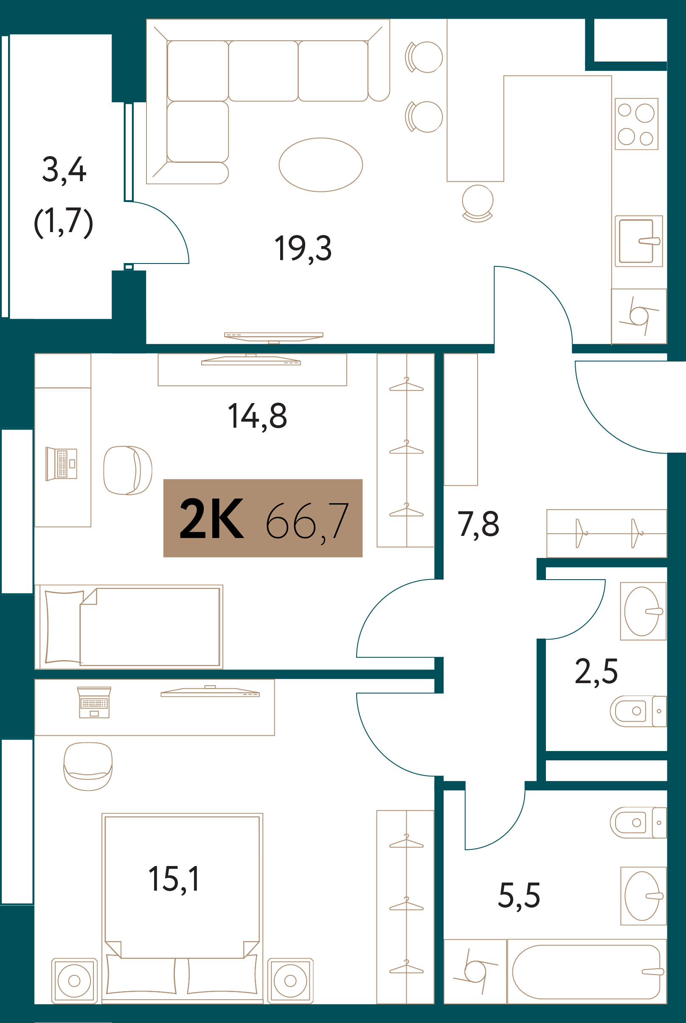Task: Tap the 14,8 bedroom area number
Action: pyautogui.click(x=257, y=416)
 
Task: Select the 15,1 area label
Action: pyautogui.click(x=174, y=879)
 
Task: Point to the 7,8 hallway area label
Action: pyautogui.click(x=478, y=524)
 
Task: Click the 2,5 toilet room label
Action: pyautogui.click(x=596, y=672)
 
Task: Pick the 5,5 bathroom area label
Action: pyautogui.click(x=519, y=896)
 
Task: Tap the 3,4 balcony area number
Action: pyautogui.click(x=65, y=170)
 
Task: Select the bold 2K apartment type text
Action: pyautogui.click(x=212, y=519)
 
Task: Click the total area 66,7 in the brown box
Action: pyautogui.click(x=307, y=521)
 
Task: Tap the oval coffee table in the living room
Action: pyautogui.click(x=321, y=165)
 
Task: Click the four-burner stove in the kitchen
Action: pyautogui.click(x=636, y=124)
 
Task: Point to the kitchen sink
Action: pyautogui.click(x=639, y=241)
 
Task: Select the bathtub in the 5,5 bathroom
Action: pyautogui.click(x=587, y=972)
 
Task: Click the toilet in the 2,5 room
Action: pyautogui.click(x=638, y=711)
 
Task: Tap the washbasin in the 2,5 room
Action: pyautogui.click(x=643, y=611)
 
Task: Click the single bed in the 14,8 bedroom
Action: pyautogui.click(x=129, y=627)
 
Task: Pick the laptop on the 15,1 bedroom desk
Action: pyautogui.click(x=94, y=702)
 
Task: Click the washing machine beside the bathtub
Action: pyautogui.click(x=475, y=971)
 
